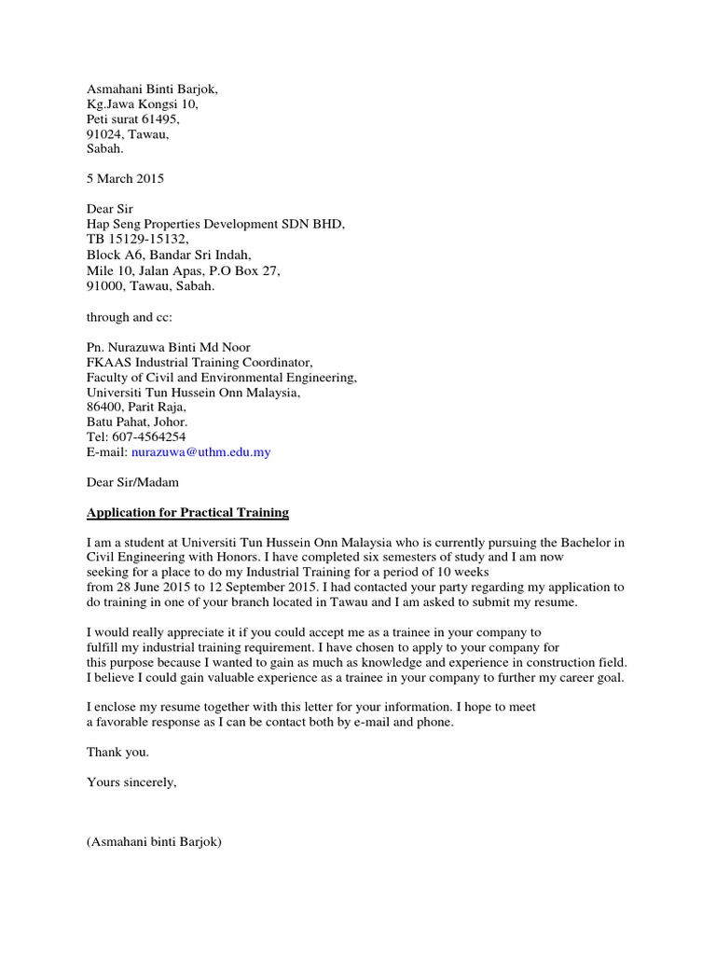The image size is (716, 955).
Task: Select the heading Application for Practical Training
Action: [x=187, y=512]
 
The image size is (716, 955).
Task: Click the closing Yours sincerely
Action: [x=131, y=782]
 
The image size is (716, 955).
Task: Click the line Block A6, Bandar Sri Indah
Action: [x=169, y=255]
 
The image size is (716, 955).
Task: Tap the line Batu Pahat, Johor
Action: [x=137, y=422]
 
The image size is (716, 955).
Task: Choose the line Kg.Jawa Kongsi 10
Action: [x=142, y=104]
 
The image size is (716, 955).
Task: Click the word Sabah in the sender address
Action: [x=103, y=149]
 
